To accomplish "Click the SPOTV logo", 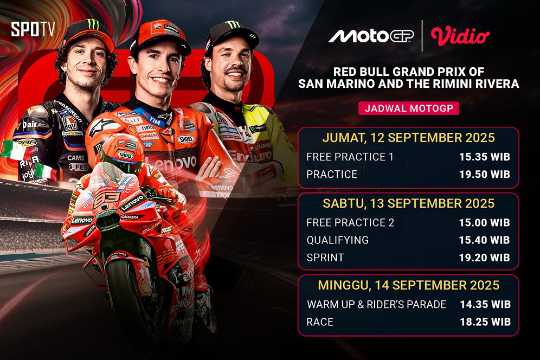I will pyautogui.click(x=33, y=29).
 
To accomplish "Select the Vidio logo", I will pyautogui.click(x=460, y=36).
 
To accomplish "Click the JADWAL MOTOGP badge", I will pyautogui.click(x=409, y=108).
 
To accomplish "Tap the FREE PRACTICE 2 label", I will pyautogui.click(x=350, y=223).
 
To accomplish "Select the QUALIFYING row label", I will pyautogui.click(x=337, y=240).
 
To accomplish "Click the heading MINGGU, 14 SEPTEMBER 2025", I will pyautogui.click(x=408, y=285).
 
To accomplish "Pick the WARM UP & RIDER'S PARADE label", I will pyautogui.click(x=376, y=304).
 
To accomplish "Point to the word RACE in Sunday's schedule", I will pyautogui.click(x=320, y=322).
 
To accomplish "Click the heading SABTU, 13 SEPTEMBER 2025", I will pyautogui.click(x=408, y=203).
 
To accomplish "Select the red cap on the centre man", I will pyautogui.click(x=160, y=35).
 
